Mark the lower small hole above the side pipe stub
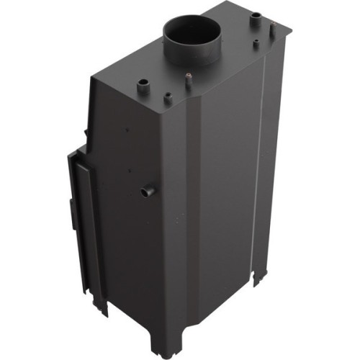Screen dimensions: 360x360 pos(129,171)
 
